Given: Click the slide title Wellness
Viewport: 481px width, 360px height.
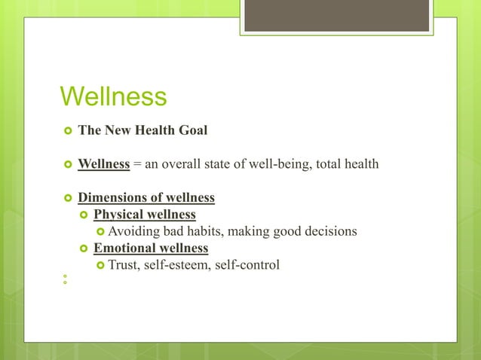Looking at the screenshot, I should pyautogui.click(x=113, y=97).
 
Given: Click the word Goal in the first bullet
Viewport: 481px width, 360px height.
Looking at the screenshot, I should pyautogui.click(x=191, y=130).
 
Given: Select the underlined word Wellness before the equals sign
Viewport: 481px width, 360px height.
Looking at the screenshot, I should pyautogui.click(x=104, y=164).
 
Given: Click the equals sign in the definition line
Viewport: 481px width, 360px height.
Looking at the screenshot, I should pyautogui.click(x=138, y=164).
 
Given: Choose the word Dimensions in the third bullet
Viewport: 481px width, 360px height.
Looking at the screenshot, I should pyautogui.click(x=112, y=198).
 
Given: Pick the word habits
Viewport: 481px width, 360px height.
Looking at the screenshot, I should pyautogui.click(x=210, y=231).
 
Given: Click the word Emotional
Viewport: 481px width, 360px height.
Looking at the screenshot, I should pyautogui.click(x=124, y=248).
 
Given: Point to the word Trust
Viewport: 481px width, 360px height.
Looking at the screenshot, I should pyautogui.click(x=124, y=264).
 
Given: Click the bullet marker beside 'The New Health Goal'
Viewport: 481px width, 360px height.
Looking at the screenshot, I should pyautogui.click(x=66, y=131).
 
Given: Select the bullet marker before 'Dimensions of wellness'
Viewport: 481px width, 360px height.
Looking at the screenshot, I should pyautogui.click(x=66, y=199).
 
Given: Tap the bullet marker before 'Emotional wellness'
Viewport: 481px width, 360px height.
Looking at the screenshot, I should pyautogui.click(x=84, y=249).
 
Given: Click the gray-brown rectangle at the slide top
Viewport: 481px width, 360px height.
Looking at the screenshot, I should pyautogui.click(x=338, y=15).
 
